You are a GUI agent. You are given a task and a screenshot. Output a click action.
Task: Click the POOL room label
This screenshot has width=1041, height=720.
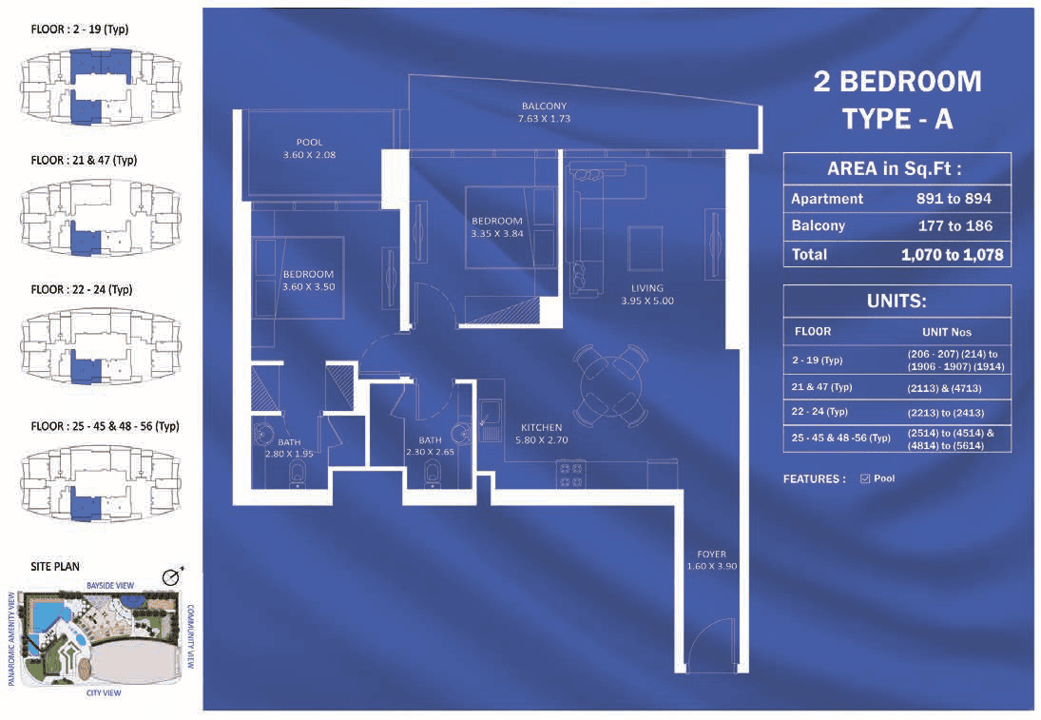(309, 142)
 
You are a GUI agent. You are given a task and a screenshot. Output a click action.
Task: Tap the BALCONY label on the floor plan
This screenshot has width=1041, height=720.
(545, 106)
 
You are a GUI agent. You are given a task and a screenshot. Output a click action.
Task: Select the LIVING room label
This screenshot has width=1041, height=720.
(647, 288)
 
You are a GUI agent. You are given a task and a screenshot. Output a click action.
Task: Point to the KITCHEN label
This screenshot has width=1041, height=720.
(542, 427)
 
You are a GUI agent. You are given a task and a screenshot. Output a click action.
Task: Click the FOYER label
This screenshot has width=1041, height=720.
(712, 554)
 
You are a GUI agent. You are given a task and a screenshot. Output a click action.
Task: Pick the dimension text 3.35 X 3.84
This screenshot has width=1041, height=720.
(497, 234)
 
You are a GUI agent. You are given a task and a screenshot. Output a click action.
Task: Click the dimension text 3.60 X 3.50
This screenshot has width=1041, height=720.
(309, 287)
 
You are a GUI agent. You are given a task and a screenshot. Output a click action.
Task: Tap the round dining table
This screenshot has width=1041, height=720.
(610, 384)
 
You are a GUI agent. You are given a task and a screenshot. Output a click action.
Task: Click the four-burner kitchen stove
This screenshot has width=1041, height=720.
(569, 476)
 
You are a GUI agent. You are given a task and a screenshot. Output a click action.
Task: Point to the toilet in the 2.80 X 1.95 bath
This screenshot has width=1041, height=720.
(297, 475)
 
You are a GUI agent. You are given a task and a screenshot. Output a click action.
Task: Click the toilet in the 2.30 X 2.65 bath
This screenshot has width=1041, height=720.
(433, 475)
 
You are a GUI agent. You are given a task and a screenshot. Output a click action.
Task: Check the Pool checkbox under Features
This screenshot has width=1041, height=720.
(865, 479)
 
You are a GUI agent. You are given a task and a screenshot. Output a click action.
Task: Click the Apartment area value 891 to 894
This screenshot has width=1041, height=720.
(954, 199)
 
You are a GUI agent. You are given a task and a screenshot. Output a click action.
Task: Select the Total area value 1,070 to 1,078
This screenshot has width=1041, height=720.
(952, 254)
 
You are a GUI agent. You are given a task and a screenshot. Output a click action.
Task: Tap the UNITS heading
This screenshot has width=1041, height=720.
(896, 301)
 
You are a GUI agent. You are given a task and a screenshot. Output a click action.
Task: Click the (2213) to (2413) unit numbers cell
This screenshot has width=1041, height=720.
(945, 413)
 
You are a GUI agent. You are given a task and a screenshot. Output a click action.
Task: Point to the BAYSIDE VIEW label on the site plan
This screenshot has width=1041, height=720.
(110, 586)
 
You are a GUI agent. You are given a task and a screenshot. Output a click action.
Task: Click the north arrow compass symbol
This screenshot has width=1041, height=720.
(173, 576)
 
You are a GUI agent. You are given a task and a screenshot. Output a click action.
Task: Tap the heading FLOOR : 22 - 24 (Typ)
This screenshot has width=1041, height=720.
(82, 289)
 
